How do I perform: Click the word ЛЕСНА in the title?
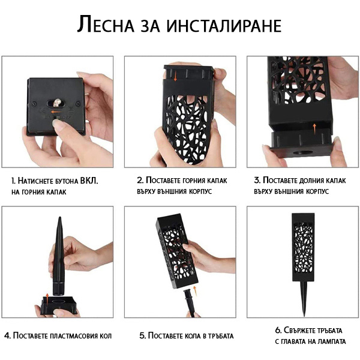(x=106, y=24)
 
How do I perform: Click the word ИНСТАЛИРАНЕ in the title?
(x=224, y=25)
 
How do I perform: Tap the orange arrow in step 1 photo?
(x=56, y=112)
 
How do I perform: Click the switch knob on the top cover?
(x=56, y=103)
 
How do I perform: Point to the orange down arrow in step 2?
(x=175, y=77)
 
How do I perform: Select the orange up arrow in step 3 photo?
(x=314, y=128)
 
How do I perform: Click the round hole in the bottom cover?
(x=303, y=152)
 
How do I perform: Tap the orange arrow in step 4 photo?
(x=47, y=299)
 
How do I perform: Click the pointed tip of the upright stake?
(x=60, y=217)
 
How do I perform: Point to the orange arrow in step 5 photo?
(x=195, y=290)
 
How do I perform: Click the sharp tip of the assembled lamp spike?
(x=304, y=316)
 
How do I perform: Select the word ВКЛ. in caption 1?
(x=89, y=181)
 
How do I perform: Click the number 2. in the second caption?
(x=140, y=180)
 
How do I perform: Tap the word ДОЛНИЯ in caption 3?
(x=301, y=181)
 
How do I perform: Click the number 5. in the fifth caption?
(x=143, y=335)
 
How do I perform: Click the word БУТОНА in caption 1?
(x=67, y=181)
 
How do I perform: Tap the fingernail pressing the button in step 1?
(x=56, y=122)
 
